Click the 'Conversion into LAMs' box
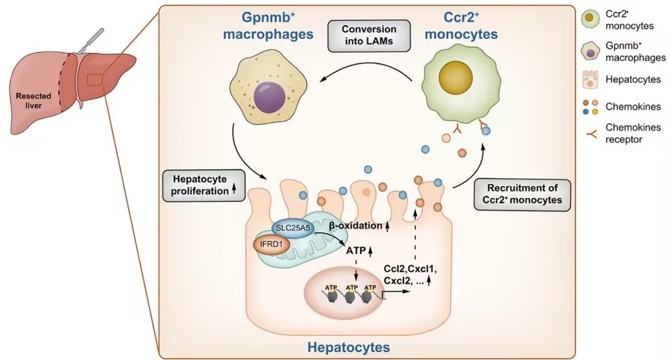tap(369, 36)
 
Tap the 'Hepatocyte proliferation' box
tap(204, 185)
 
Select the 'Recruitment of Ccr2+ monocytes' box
tap(522, 194)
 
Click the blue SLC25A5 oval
tap(293, 228)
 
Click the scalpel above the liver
tap(91, 40)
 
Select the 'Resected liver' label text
tap(33, 100)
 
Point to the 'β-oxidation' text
tap(355, 226)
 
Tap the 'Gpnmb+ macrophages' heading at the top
tap(268, 25)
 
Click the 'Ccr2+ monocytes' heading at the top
tap(461, 25)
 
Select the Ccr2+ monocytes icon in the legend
tap(589, 19)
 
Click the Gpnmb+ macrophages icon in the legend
tap(590, 52)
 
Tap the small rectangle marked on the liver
tap(95, 80)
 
